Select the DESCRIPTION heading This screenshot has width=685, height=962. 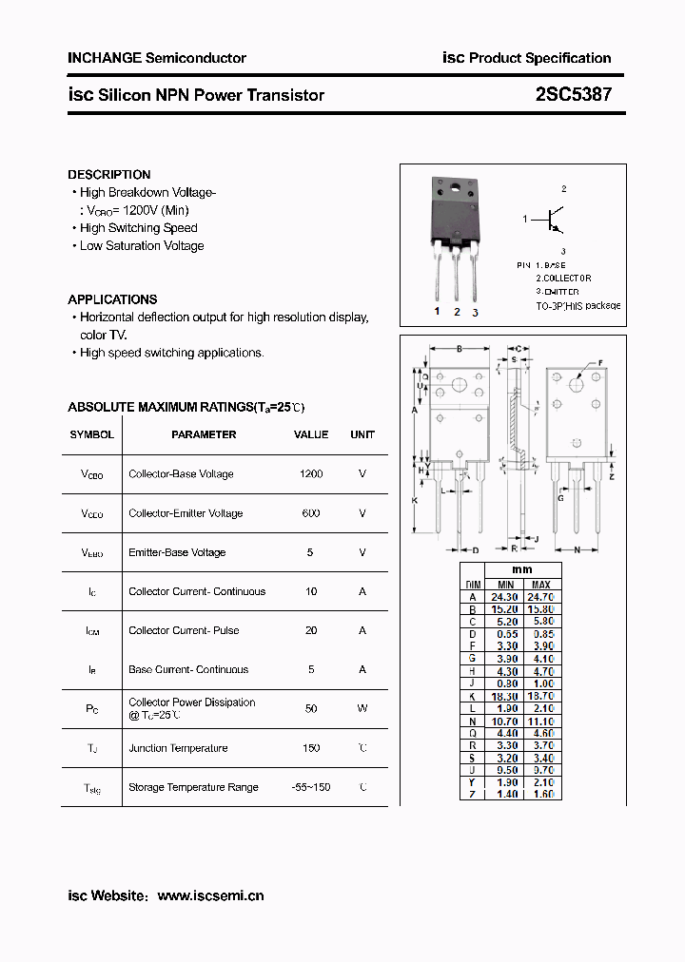pos(108,175)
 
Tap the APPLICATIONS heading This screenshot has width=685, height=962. pos(112,299)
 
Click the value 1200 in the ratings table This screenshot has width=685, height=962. pos(311,473)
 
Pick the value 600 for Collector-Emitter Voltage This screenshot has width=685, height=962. pos(311,513)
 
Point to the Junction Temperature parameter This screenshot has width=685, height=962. pos(178,748)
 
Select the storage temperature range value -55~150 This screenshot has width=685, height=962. pos(311,788)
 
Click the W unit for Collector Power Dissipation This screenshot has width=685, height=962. pos(362,708)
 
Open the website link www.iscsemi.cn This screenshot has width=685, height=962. pos(210,895)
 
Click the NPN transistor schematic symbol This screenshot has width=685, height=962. pos(556,220)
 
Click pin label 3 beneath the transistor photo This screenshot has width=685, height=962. pos(475,312)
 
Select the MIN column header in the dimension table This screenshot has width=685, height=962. pos(504,585)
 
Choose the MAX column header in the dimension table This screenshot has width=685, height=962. pos(540,585)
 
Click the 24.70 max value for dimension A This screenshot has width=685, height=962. pos(540,597)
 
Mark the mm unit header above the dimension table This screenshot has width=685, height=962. pos(522,571)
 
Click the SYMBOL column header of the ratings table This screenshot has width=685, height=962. pos(91,434)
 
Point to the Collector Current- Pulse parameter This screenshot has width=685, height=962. pos(184,630)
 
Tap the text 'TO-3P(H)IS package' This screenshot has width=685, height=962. pos(577,306)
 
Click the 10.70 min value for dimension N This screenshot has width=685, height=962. pos(504,721)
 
